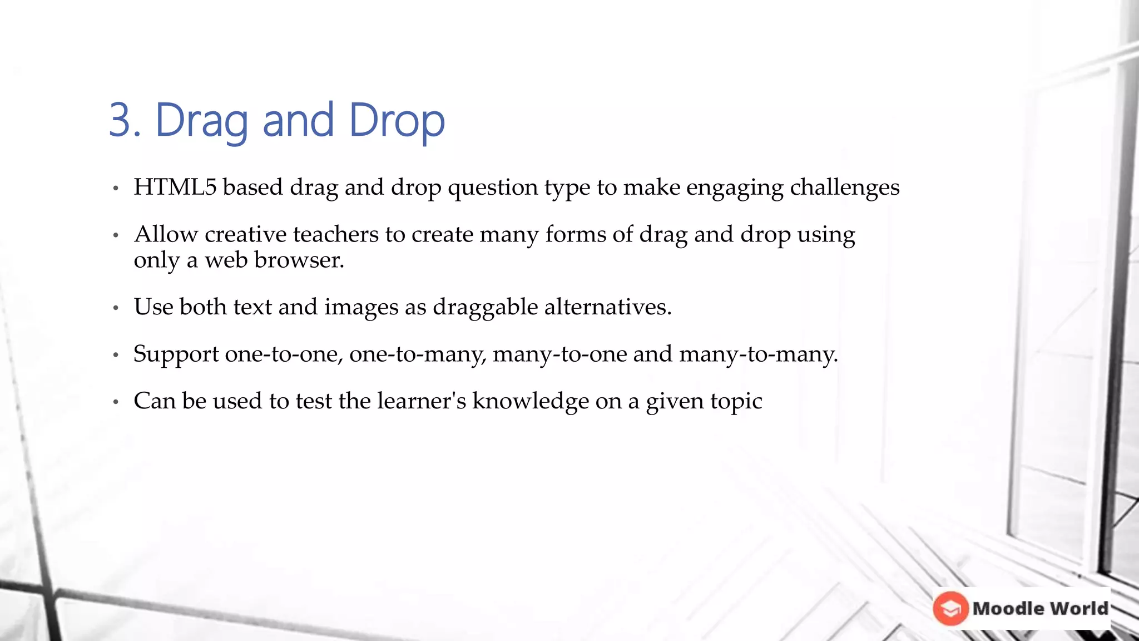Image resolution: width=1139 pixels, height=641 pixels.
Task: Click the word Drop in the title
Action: pos(397,121)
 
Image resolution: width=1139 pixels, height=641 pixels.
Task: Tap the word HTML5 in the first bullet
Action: pos(175,187)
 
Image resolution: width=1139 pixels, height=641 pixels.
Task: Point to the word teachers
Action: pos(336,234)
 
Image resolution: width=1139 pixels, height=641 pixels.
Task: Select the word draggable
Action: pos(485,307)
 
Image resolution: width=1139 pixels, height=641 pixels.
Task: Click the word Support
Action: pos(176,354)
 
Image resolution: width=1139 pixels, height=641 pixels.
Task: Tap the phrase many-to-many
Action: pos(758,354)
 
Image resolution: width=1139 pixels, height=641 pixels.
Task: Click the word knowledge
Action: pos(530,401)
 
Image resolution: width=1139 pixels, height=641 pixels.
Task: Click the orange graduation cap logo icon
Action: pos(950,608)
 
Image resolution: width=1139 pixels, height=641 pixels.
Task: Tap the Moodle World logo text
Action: pos(1040,608)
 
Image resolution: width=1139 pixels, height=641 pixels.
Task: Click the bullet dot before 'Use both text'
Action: pos(116,308)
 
